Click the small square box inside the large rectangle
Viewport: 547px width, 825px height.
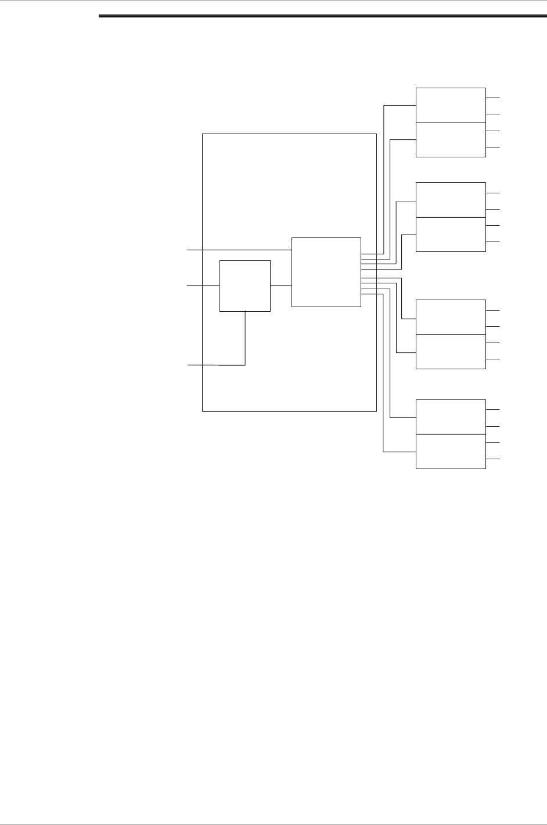tap(244, 286)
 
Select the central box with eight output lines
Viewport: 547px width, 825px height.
tap(326, 272)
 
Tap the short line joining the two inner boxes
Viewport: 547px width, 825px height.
tap(280, 286)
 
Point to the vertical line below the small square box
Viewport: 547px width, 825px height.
tap(245, 338)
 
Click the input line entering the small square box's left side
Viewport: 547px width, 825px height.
tap(203, 286)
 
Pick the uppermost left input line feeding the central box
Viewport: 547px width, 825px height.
tap(238, 250)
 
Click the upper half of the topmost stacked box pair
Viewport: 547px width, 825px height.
tap(451, 105)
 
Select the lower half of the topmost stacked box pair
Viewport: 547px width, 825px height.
tap(451, 139)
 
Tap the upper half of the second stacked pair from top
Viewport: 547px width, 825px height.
tap(451, 200)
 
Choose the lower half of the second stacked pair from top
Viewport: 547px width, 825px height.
tap(451, 234)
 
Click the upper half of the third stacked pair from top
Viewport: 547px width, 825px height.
tap(451, 317)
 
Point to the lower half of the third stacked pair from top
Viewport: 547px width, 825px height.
tap(451, 351)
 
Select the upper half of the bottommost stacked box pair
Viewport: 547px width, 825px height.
tap(451, 417)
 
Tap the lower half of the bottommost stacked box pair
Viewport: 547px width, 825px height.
tap(451, 451)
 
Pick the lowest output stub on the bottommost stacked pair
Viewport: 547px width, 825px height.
tap(492, 459)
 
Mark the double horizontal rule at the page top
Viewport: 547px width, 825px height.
tap(322, 17)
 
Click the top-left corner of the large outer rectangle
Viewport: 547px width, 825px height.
tap(202, 134)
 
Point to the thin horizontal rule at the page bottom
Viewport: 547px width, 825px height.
tap(273, 809)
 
